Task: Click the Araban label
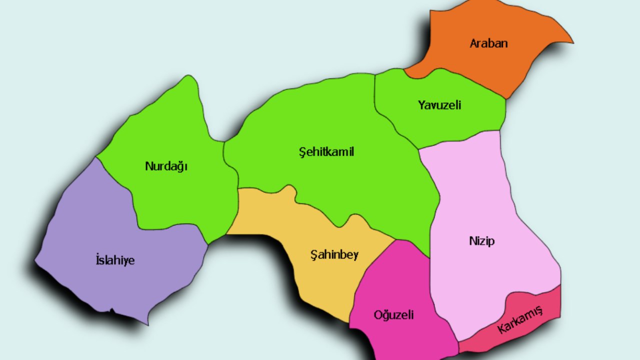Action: point(488,43)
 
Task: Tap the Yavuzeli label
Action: point(439,105)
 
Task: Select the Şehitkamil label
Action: point(326,152)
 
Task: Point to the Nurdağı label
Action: point(166,166)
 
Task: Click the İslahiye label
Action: point(115,260)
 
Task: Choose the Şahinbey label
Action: point(334,255)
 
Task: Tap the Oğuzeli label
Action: point(394,315)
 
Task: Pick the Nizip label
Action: point(482,241)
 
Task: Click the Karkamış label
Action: point(520,320)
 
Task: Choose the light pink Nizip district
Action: point(475,190)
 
